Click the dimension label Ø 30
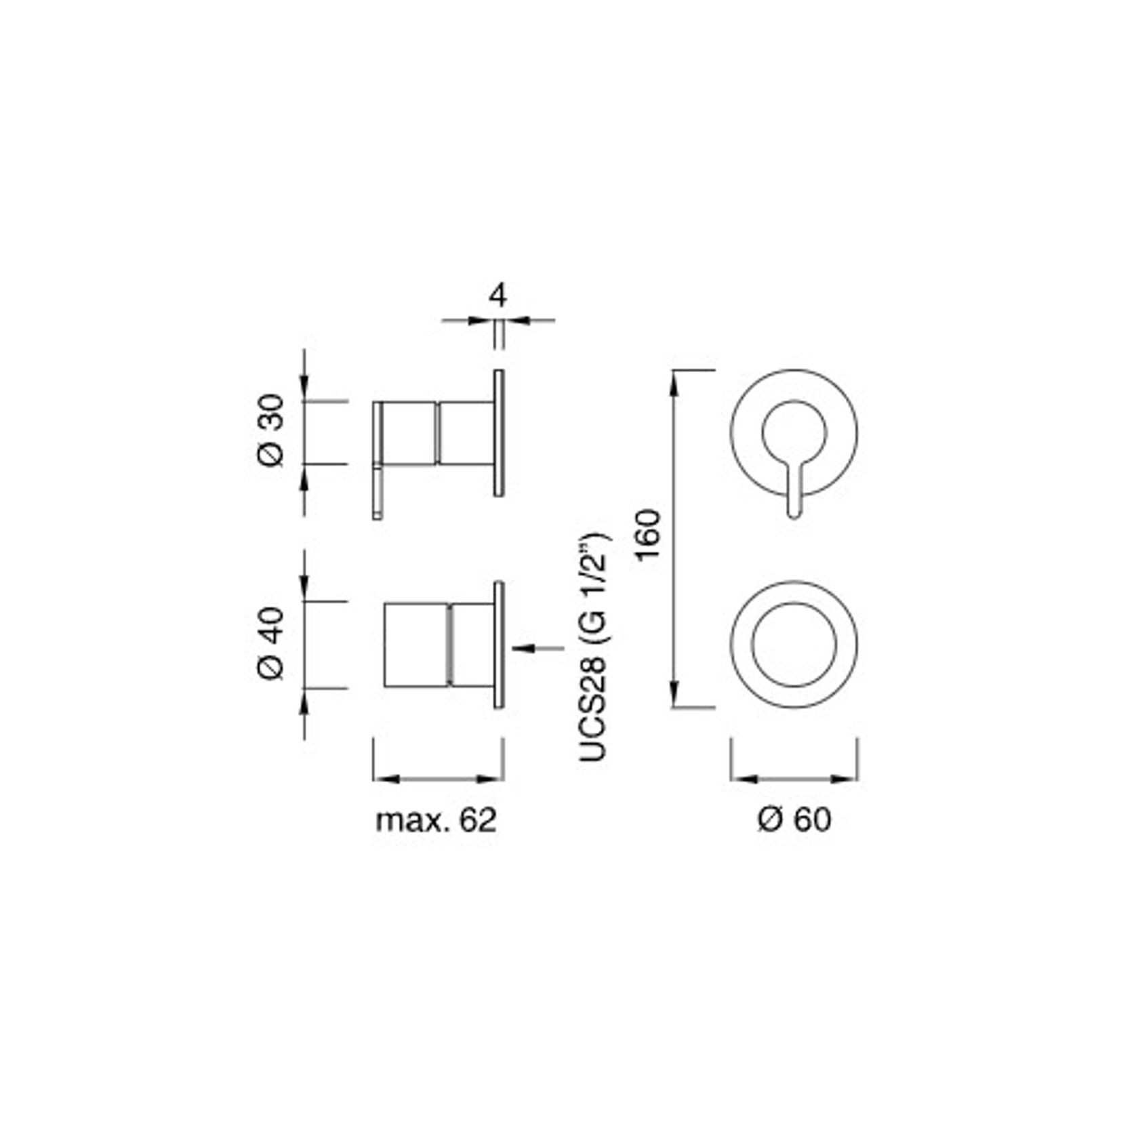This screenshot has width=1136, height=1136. coord(272,430)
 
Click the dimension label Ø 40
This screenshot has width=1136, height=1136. coord(272,644)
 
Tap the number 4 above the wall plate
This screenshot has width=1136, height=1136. coord(498,296)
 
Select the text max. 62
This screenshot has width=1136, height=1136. coord(436,820)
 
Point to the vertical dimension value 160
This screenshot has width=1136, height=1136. coord(649,533)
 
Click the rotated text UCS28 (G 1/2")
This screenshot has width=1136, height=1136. coord(594,647)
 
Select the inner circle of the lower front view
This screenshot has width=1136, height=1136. coord(794,644)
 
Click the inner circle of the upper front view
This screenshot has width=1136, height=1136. coord(794,432)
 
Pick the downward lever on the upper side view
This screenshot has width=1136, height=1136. coord(378,492)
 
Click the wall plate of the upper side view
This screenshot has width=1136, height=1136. coord(499,433)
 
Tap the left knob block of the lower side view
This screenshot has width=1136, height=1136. coord(415,644)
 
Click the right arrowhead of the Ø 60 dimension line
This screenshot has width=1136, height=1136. coord(845,779)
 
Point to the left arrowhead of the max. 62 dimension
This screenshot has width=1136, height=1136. coord(385,779)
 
